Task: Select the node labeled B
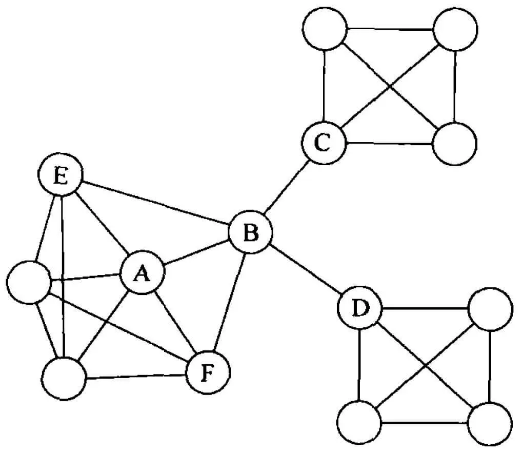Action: click(x=250, y=233)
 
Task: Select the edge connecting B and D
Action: click(x=305, y=271)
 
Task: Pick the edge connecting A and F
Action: click(x=174, y=323)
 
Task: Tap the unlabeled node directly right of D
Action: click(x=491, y=309)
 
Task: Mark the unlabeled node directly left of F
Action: click(x=64, y=379)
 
